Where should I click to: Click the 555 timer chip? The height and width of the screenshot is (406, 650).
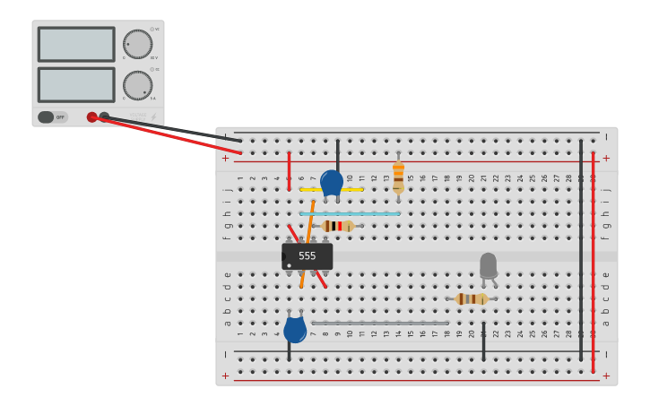(x=308, y=256)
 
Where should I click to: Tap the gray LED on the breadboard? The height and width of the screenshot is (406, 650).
(x=488, y=265)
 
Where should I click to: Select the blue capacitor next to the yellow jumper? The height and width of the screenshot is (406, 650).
(x=332, y=183)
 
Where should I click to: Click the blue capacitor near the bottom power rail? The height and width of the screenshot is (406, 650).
(x=295, y=330)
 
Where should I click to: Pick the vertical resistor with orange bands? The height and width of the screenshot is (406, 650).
(x=398, y=176)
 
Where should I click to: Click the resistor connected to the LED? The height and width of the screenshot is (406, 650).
(x=471, y=298)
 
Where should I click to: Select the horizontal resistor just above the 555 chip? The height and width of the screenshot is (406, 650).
(x=338, y=226)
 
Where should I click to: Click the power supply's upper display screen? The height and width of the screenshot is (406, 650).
(x=76, y=44)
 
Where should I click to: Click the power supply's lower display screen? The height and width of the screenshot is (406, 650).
(x=76, y=84)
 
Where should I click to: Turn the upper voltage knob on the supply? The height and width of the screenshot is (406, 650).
(x=137, y=44)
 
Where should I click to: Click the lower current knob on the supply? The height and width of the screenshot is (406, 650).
(x=137, y=85)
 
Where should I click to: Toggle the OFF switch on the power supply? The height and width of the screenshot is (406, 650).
(x=52, y=117)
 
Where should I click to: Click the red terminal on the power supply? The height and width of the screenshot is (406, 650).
(x=91, y=117)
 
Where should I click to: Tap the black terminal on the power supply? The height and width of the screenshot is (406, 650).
(x=104, y=117)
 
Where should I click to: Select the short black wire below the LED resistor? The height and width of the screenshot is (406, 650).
(x=483, y=341)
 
